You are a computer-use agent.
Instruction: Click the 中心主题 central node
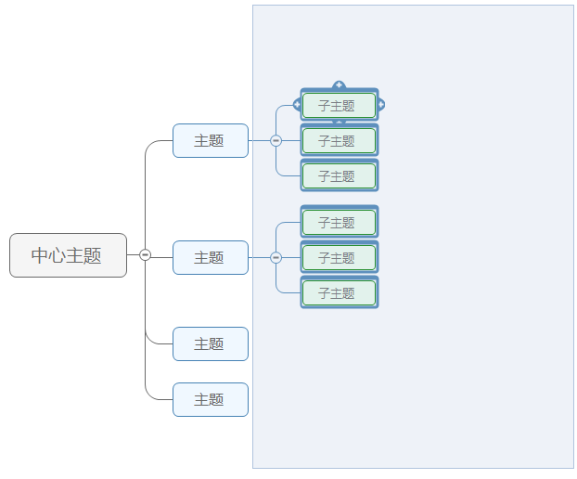(x=68, y=255)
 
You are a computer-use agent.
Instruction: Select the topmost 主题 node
(x=210, y=141)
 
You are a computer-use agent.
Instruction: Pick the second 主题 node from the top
(x=210, y=258)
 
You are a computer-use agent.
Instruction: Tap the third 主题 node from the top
(x=210, y=343)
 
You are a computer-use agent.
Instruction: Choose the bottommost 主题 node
(x=210, y=399)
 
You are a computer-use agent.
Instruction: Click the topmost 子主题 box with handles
(x=339, y=106)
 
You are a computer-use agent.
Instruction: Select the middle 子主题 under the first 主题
(x=339, y=141)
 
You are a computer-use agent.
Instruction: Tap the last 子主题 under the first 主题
(x=339, y=176)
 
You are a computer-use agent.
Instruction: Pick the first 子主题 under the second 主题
(x=339, y=223)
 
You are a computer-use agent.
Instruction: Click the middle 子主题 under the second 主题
(x=339, y=258)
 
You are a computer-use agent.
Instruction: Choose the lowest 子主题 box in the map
(x=339, y=293)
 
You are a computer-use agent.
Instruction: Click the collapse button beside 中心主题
(x=145, y=255)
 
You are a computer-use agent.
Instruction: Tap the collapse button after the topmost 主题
(x=276, y=141)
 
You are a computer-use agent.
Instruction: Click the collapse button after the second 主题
(x=276, y=258)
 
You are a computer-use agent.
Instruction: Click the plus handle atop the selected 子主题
(x=339, y=85)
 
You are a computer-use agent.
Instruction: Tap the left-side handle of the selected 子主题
(x=297, y=105)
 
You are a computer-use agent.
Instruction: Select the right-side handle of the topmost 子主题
(x=380, y=105)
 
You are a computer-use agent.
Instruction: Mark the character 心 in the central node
(x=58, y=255)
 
